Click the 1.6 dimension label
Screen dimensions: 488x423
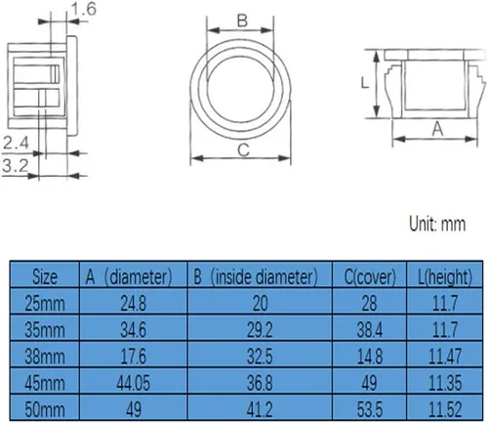click(84, 9)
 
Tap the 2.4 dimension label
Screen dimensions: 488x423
click(16, 143)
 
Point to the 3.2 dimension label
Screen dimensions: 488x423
click(16, 166)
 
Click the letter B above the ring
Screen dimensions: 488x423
click(242, 21)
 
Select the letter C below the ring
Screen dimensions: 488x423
click(243, 150)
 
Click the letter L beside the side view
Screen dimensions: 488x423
click(365, 83)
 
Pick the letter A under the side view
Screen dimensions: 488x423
click(437, 129)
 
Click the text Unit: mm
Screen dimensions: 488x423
click(437, 224)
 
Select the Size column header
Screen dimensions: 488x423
click(45, 276)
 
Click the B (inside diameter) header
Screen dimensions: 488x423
click(256, 276)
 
